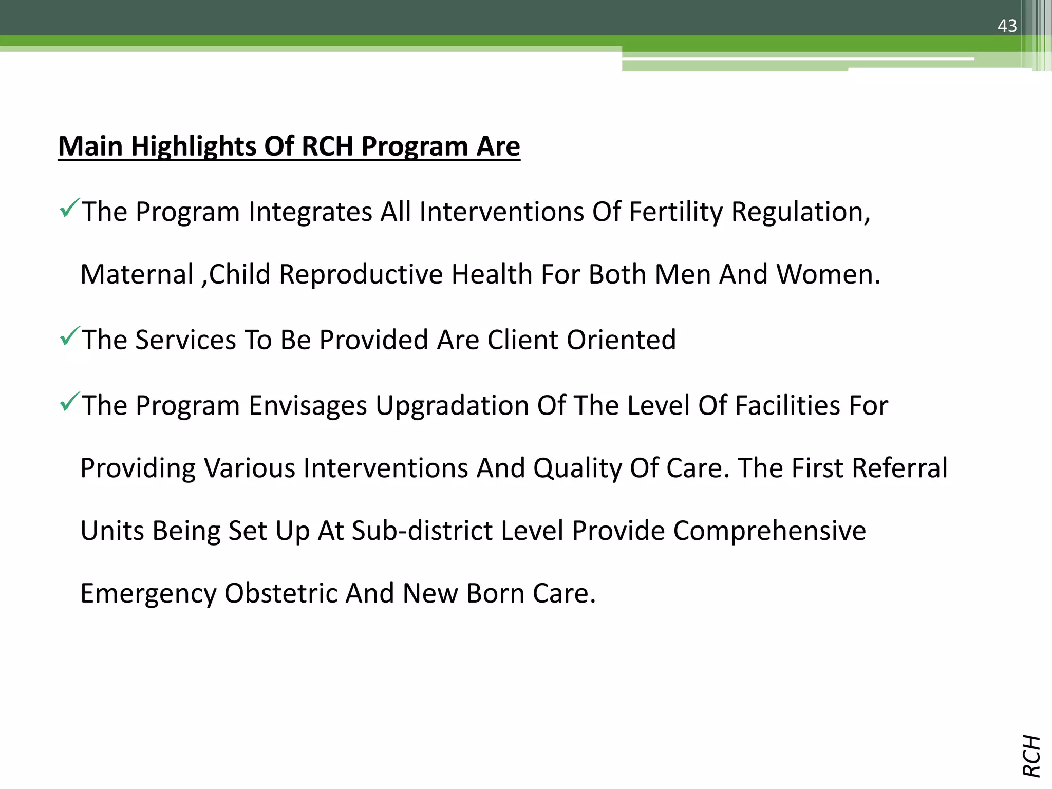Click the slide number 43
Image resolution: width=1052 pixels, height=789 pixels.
[x=1007, y=26]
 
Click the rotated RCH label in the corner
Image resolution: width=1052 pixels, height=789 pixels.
[x=1031, y=756]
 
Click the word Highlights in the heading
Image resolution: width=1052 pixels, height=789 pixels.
[x=193, y=147]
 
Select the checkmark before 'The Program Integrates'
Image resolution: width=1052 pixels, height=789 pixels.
[x=69, y=208]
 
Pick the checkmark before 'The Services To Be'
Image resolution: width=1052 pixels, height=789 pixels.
[x=69, y=336]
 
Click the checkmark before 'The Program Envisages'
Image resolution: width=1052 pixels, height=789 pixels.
[x=69, y=401]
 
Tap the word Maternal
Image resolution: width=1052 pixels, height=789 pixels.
[x=137, y=274]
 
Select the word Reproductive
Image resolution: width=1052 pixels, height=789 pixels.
[x=361, y=274]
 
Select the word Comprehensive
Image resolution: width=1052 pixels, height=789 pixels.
[x=769, y=531]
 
